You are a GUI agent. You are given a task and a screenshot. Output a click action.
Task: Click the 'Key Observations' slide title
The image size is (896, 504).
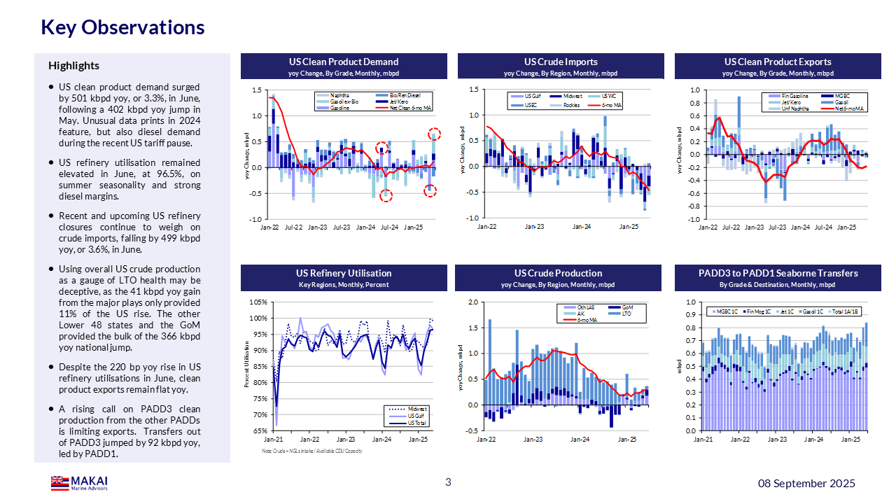click(122, 27)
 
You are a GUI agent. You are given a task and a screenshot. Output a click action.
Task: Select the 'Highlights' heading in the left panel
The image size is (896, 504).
click(73, 66)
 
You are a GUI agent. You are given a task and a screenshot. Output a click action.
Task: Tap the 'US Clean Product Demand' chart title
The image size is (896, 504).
click(344, 62)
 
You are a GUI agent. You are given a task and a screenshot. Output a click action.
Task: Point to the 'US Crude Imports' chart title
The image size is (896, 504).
click(561, 62)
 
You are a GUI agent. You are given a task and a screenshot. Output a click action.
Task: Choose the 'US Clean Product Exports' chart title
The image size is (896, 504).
click(778, 62)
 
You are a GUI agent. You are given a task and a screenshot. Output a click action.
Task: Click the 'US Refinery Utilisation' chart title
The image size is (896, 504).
click(345, 273)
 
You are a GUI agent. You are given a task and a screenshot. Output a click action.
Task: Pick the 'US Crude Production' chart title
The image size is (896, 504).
click(558, 273)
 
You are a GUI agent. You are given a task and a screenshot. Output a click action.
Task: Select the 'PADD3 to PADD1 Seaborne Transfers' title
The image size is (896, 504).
click(778, 273)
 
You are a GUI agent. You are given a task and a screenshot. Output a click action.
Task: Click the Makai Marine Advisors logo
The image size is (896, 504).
click(78, 483)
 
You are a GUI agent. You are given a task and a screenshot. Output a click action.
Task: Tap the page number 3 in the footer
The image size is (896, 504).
click(448, 482)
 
